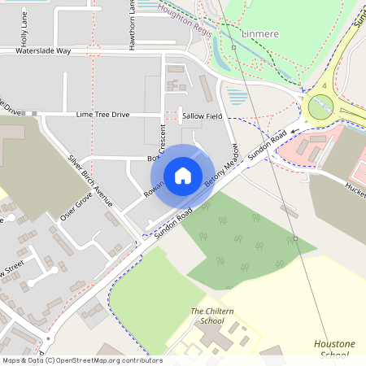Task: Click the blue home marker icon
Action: click(x=183, y=175)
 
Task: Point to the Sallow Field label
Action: click(x=203, y=117)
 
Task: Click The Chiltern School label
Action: click(x=207, y=316)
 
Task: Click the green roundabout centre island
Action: click(x=320, y=106)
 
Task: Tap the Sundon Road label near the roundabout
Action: click(x=269, y=146)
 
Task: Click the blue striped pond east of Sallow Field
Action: click(x=237, y=98)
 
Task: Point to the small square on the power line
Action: click(x=233, y=47)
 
